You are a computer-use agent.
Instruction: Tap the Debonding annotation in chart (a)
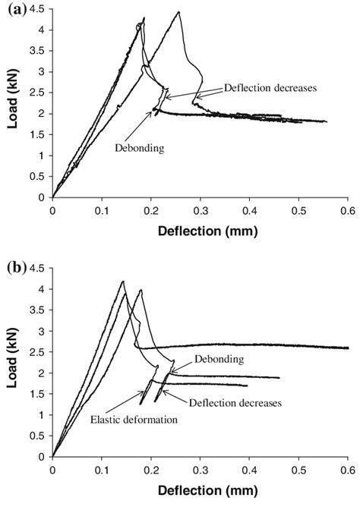(140, 148)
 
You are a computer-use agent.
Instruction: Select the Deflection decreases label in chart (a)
(270, 87)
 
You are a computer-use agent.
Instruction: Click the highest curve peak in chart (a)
(178, 12)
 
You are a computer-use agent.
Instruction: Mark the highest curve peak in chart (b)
(122, 282)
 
